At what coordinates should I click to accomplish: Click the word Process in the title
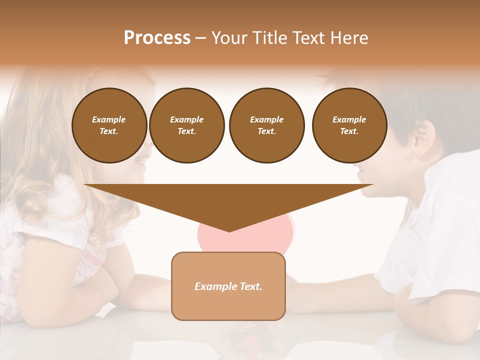coord(157,37)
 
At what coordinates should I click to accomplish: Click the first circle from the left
coord(109,125)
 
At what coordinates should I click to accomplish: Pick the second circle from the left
coord(187,125)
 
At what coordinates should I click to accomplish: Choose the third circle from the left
coord(266,125)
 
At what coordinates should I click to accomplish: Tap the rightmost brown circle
coord(349,125)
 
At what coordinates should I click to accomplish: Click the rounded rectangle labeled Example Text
coord(228,286)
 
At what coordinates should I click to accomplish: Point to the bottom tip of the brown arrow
coord(229,231)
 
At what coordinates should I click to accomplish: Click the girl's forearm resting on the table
coord(125,290)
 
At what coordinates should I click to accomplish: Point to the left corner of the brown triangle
coord(85,185)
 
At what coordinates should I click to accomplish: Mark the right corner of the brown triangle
coord(372,185)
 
